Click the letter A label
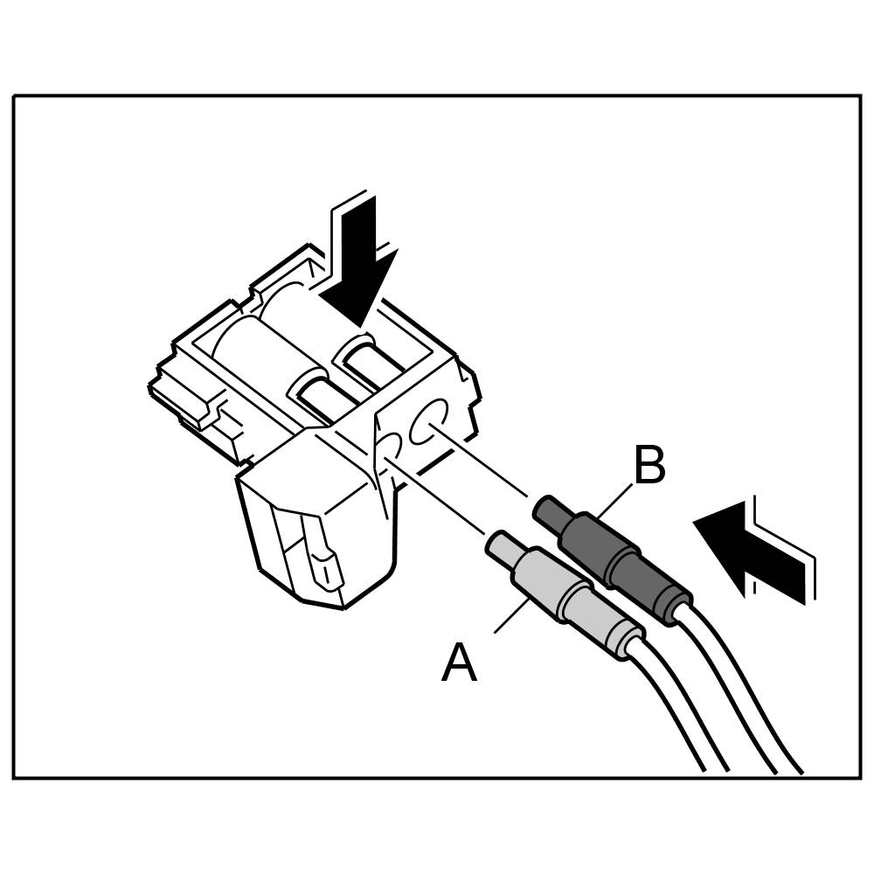pos(460,663)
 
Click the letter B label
pos(649,467)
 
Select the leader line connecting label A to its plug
pos(512,614)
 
